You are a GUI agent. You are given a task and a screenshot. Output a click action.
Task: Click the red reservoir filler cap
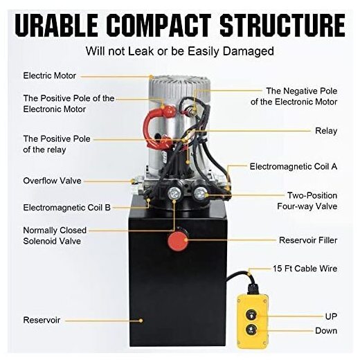(x=178, y=240)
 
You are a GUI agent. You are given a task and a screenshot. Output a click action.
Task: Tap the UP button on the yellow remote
(x=251, y=315)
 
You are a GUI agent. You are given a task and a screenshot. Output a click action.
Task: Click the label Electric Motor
(x=50, y=75)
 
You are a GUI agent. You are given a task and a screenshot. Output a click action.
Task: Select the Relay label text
(x=326, y=131)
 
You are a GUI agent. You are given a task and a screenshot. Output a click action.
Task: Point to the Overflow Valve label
(x=52, y=181)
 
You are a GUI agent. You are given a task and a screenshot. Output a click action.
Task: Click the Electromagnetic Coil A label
(x=294, y=166)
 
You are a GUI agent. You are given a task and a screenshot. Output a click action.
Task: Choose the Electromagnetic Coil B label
(x=67, y=208)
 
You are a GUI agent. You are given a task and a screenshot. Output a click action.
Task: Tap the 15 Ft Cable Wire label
(x=305, y=269)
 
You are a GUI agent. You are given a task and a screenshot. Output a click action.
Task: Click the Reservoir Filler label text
(x=308, y=240)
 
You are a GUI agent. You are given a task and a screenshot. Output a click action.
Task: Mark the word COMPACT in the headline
(x=159, y=25)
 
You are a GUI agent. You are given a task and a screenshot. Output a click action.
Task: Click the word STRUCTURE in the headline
(x=282, y=25)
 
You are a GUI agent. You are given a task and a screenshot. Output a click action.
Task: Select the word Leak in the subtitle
(x=141, y=51)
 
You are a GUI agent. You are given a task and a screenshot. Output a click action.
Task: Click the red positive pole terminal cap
(x=168, y=111)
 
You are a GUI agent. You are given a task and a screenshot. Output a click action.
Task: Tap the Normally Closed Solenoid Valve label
(x=55, y=235)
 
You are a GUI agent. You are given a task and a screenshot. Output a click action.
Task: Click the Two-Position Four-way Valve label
(x=307, y=201)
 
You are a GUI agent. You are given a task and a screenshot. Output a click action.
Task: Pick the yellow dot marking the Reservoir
(x=141, y=321)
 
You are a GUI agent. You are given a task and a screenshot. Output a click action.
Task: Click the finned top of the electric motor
(x=179, y=89)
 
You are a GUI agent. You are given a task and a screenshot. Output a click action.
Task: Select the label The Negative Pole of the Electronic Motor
(x=294, y=96)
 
